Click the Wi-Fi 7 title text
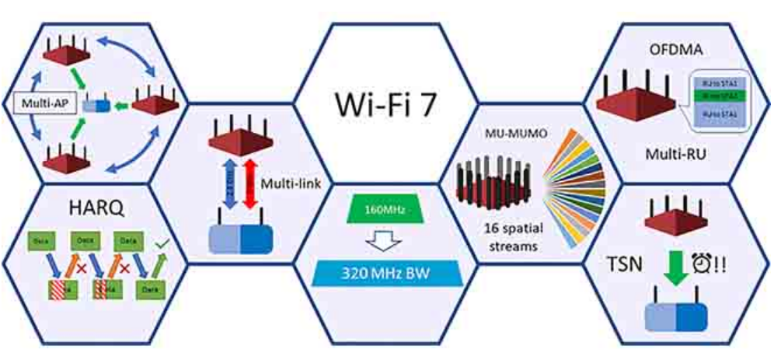pos(385,105)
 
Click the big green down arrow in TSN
pos(674,264)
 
